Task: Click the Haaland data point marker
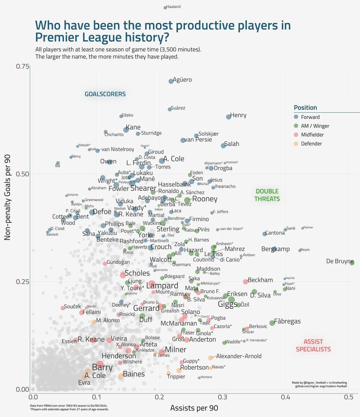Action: (165, 8)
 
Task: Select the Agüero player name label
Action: (182, 80)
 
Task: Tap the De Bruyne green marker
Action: (352, 263)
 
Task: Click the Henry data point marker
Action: (229, 117)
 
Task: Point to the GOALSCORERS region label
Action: (105, 94)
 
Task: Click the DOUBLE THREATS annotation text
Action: (267, 195)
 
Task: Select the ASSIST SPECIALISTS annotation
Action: (313, 345)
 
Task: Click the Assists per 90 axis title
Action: (194, 408)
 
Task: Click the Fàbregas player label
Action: (287, 321)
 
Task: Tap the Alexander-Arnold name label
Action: (239, 356)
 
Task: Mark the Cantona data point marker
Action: (265, 234)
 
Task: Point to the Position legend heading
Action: (305, 108)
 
